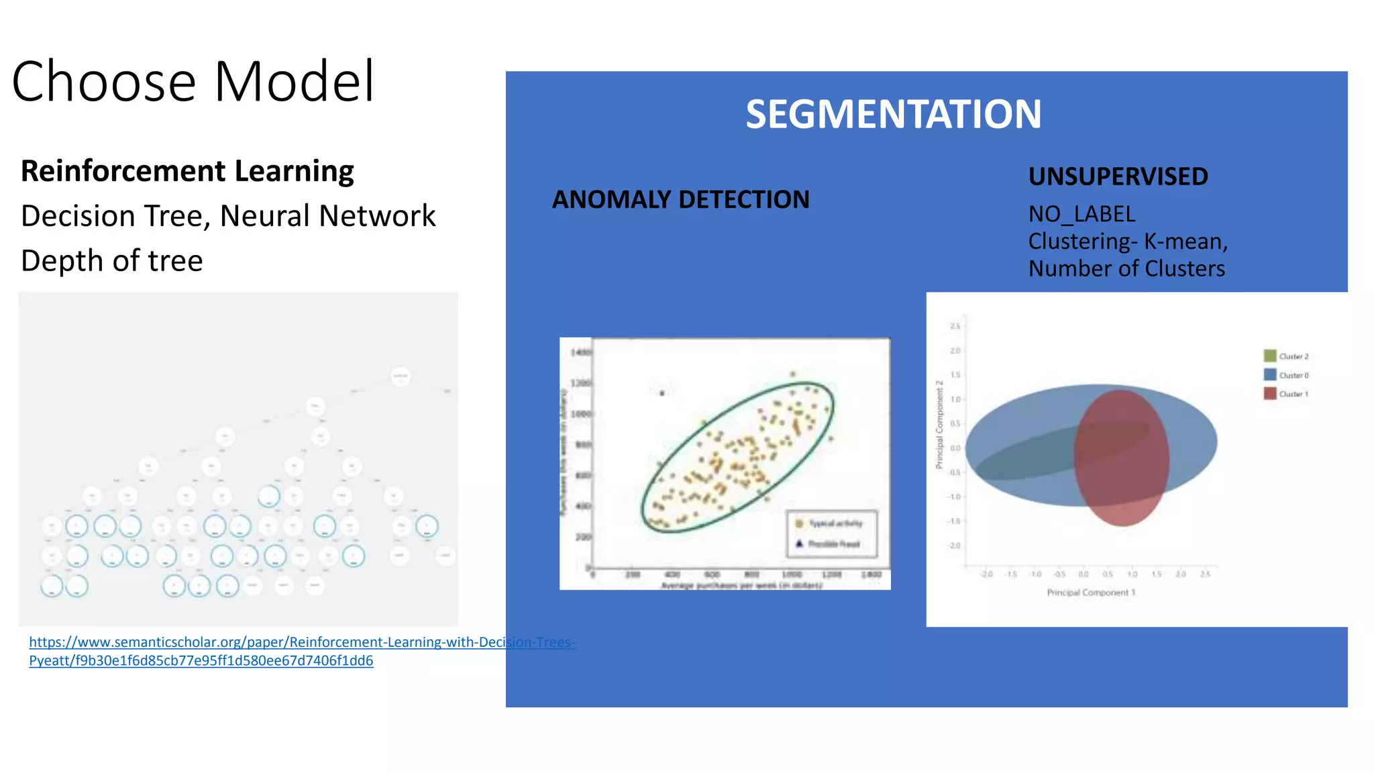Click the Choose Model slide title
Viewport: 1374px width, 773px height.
pyautogui.click(x=193, y=81)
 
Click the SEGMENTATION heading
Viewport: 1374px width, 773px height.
pyautogui.click(x=893, y=114)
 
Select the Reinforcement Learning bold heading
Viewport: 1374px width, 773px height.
pyautogui.click(x=187, y=171)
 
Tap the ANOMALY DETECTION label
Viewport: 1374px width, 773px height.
pyautogui.click(x=680, y=199)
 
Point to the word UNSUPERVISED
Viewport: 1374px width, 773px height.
pyautogui.click(x=1118, y=176)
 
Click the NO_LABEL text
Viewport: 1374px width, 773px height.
pyautogui.click(x=1081, y=214)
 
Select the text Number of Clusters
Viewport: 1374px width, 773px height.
pyautogui.click(x=1126, y=268)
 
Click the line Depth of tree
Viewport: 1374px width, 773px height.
pyautogui.click(x=111, y=260)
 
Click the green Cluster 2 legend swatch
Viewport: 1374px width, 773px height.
pyautogui.click(x=1269, y=356)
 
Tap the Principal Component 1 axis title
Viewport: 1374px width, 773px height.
pyautogui.click(x=1090, y=592)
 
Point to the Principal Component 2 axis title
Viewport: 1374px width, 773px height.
pyautogui.click(x=939, y=424)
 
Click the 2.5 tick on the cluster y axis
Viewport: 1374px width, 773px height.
pyautogui.click(x=955, y=326)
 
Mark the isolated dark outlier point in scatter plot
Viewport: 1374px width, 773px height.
pyautogui.click(x=662, y=393)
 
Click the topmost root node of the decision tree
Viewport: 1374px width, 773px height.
pyautogui.click(x=401, y=376)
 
